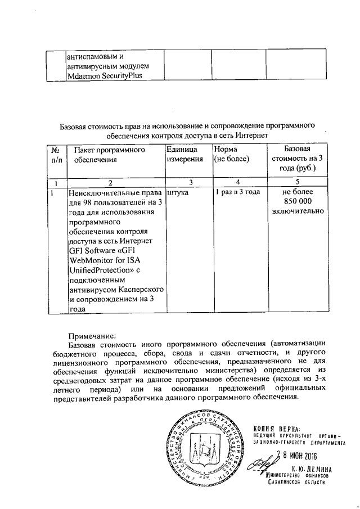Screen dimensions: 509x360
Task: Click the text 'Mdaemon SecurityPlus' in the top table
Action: (x=105, y=77)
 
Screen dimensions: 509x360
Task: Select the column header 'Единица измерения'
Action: (x=184, y=155)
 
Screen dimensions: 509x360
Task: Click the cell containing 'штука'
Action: (x=178, y=192)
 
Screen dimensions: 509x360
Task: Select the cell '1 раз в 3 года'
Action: (x=237, y=192)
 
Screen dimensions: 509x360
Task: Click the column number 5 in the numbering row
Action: (x=298, y=182)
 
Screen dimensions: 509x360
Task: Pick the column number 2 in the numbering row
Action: (x=111, y=182)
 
